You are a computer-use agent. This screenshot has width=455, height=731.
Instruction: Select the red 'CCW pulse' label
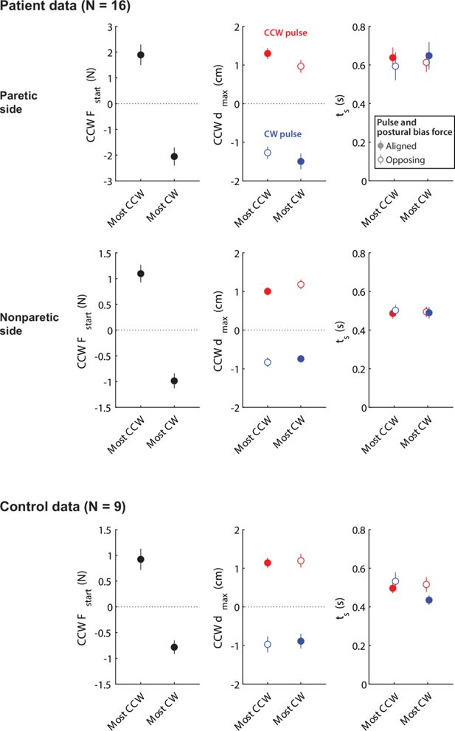click(x=285, y=34)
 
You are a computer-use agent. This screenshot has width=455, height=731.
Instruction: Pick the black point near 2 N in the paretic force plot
click(x=141, y=55)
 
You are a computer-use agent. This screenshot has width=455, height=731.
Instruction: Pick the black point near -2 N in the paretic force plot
click(x=174, y=156)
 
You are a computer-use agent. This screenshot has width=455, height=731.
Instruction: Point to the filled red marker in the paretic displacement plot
click(x=268, y=54)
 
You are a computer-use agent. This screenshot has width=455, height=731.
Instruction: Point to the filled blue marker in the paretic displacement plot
click(x=301, y=162)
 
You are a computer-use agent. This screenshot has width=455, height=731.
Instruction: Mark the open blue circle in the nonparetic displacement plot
click(x=268, y=362)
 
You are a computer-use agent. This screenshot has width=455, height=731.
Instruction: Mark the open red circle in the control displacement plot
click(x=301, y=561)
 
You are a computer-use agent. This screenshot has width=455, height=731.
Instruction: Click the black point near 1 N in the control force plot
click(x=141, y=559)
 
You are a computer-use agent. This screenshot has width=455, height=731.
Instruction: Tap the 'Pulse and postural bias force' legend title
click(x=414, y=126)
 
